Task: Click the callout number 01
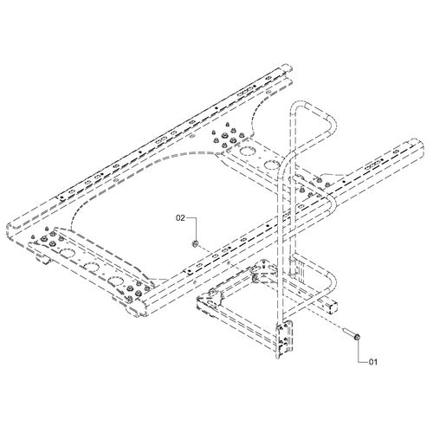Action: point(373,361)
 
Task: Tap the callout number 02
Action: point(180,218)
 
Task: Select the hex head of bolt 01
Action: point(358,336)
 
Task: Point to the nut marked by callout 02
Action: point(195,244)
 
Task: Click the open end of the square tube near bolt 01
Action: point(333,305)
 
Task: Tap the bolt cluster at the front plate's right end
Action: point(136,290)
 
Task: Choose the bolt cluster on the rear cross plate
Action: point(228,135)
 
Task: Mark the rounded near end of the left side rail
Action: point(11,229)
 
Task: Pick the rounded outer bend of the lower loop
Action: point(332,284)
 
